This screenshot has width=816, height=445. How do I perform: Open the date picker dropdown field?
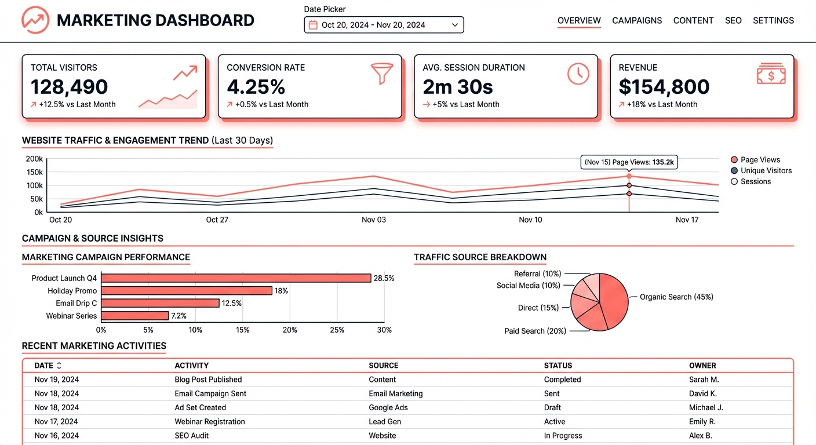pos(384,25)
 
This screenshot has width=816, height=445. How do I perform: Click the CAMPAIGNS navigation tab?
pos(637,20)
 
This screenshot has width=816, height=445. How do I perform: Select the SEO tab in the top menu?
pos(733,20)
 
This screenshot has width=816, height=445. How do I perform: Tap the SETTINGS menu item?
pos(773,20)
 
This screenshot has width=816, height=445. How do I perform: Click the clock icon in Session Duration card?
pos(578,74)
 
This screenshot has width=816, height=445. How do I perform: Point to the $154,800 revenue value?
pos(664,87)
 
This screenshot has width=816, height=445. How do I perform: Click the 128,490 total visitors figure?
pos(69,87)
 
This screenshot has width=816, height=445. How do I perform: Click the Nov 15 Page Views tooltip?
pos(629,162)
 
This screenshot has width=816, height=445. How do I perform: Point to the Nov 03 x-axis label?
pos(373,220)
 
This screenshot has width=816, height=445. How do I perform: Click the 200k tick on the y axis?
pos(34,159)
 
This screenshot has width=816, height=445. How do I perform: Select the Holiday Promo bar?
pos(187,291)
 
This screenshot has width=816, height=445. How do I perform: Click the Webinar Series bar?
pos(135,316)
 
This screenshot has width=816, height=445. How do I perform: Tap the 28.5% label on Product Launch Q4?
pos(384,278)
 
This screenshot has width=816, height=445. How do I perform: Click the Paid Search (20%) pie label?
pos(535,331)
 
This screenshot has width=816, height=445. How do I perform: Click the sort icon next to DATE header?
pos(59,366)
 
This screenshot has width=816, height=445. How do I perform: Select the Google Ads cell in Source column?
pos(388,407)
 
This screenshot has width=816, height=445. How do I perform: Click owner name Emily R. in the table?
pos(702,421)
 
